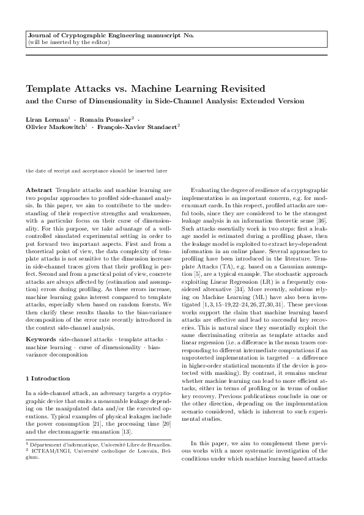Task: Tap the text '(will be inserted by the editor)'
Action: coord(69,42)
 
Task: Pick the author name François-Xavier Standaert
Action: coord(138,127)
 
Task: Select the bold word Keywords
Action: coord(40,338)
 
